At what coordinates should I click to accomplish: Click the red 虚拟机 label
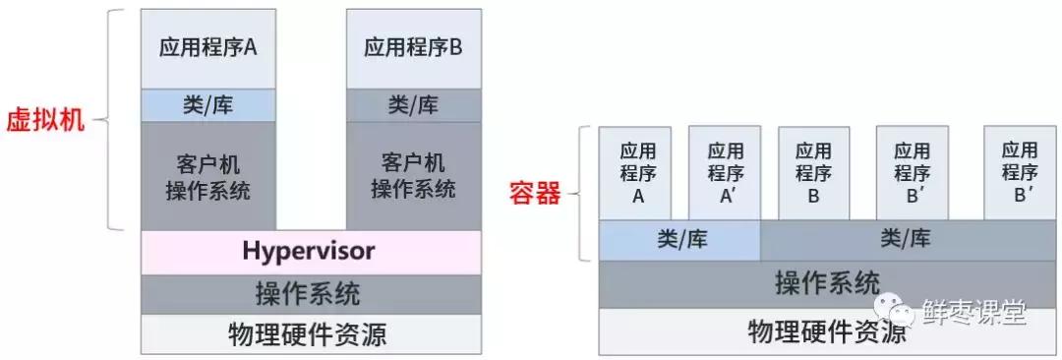(45, 122)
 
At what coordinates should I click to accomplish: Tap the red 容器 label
(535, 193)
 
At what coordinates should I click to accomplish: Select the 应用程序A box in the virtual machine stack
(207, 48)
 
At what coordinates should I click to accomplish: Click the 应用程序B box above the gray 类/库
(413, 48)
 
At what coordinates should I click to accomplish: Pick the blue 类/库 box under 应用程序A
(207, 105)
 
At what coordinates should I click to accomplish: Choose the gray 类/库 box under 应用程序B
(413, 105)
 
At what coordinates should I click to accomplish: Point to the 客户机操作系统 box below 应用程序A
(207, 176)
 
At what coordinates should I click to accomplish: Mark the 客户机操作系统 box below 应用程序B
(413, 176)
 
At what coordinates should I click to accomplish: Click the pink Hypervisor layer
(310, 252)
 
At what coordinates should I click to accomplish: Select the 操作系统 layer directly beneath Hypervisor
(310, 293)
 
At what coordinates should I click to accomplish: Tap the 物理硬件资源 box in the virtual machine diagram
(310, 334)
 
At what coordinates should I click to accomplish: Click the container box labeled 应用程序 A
(637, 173)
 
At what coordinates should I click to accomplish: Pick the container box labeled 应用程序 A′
(726, 173)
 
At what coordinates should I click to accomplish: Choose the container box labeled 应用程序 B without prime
(813, 173)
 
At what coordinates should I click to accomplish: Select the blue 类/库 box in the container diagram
(679, 240)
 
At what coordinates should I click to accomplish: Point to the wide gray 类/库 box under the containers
(905, 240)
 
